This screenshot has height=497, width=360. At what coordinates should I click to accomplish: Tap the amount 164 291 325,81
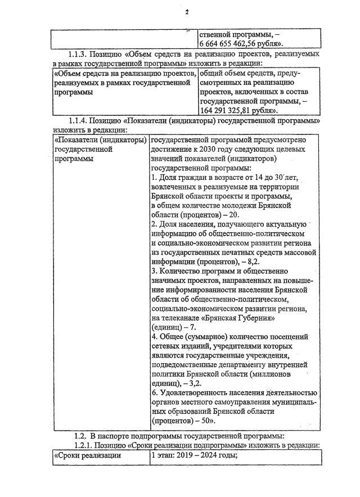click(x=229, y=110)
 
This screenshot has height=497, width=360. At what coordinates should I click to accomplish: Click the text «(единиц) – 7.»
click(x=174, y=327)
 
